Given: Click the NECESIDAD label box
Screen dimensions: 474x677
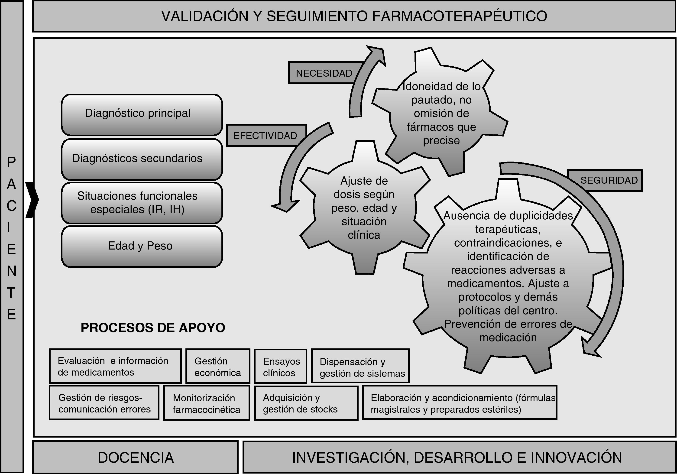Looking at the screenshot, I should pyautogui.click(x=324, y=73).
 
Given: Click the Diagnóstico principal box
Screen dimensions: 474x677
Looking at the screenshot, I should pyautogui.click(x=142, y=114).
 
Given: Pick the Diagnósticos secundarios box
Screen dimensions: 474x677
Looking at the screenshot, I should pyautogui.click(x=142, y=159).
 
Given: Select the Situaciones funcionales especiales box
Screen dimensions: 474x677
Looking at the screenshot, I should pyautogui.click(x=142, y=203).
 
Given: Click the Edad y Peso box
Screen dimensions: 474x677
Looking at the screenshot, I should pyautogui.click(x=142, y=247).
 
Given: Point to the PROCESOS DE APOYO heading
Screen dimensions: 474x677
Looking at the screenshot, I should pyautogui.click(x=153, y=328).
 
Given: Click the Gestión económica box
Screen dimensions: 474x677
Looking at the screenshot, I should pyautogui.click(x=218, y=366).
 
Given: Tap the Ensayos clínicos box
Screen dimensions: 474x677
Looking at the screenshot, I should pyautogui.click(x=281, y=366).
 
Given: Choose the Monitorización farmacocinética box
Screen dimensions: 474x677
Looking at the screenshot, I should pyautogui.click(x=206, y=403).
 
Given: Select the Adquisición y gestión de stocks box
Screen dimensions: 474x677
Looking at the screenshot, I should pyautogui.click(x=306, y=403).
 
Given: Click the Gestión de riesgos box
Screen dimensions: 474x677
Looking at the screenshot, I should pyautogui.click(x=104, y=403).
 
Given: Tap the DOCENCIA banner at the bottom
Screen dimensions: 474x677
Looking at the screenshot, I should pyautogui.click(x=136, y=458).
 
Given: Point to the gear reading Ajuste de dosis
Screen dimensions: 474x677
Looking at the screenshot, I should pyautogui.click(x=364, y=208).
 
